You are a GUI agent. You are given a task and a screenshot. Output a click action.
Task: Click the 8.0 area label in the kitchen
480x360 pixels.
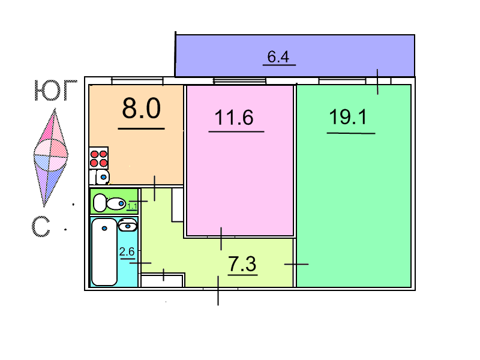pos(141,108)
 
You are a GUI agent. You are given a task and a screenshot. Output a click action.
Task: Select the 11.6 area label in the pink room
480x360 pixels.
pos(234,117)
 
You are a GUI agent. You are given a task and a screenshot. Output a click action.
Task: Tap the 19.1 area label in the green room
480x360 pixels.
pos(348,117)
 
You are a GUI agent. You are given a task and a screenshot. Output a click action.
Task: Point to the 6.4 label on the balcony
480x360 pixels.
pos(278,56)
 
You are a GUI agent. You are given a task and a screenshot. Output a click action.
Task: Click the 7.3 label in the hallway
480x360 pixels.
pos(242,264)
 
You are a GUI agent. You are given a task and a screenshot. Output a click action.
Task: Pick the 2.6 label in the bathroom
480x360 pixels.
pos(127,251)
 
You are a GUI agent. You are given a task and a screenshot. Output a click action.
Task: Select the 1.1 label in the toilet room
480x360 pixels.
pos(132,206)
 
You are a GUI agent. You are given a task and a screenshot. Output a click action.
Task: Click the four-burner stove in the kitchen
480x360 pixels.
pos(98,158)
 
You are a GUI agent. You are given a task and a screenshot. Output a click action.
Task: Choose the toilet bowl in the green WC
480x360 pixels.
pos(109,203)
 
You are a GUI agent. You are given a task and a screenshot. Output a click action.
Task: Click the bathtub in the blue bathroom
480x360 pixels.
pos(104,251)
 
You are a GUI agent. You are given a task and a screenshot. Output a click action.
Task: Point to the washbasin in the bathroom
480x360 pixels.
pos(128,225)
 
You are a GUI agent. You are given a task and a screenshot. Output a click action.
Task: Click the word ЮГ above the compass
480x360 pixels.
pos(55,91)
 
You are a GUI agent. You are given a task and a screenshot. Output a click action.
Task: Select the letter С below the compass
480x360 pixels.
pos(41,227)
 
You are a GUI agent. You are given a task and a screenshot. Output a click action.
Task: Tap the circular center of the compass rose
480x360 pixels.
pos(50,155)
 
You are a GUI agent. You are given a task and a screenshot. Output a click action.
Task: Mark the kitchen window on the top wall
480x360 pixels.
pos(137,81)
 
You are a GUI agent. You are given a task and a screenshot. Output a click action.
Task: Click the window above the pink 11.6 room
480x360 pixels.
pos(239,81)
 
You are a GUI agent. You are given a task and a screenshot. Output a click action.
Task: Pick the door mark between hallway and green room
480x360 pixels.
pos(296,264)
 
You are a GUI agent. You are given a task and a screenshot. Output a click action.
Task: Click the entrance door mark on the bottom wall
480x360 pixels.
pos(218,290)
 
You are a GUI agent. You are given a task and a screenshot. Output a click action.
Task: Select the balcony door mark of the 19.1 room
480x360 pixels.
pos(377,82)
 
